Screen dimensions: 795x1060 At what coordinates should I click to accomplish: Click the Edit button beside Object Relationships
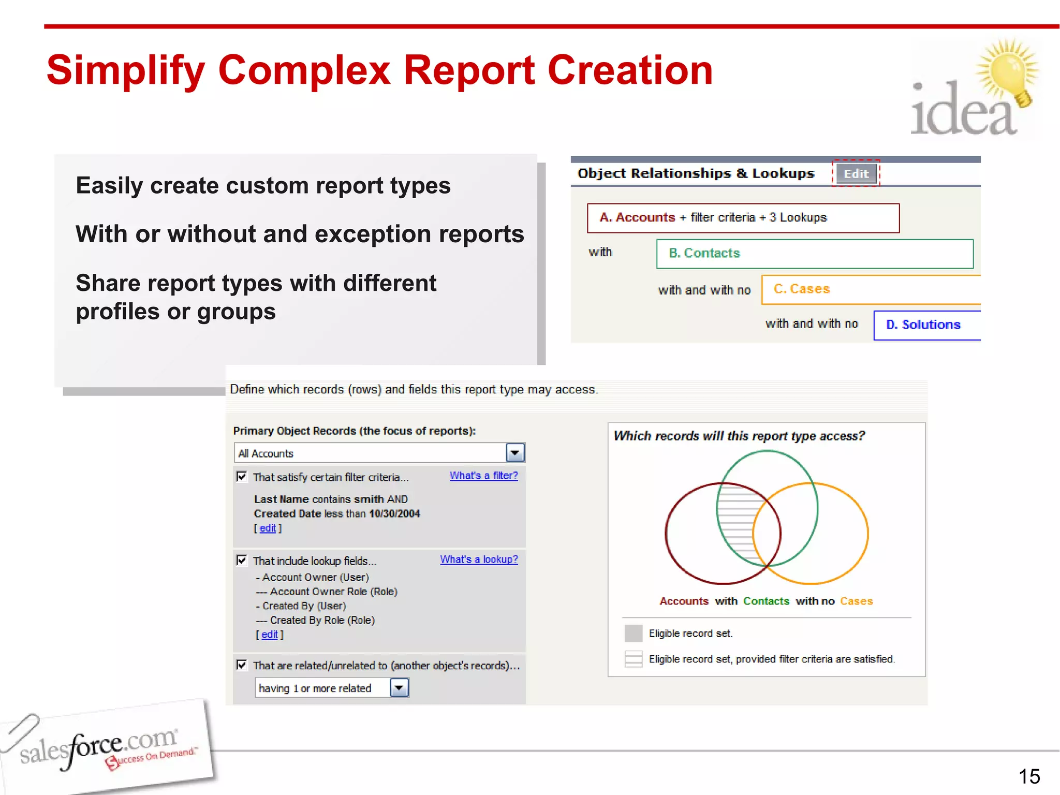pyautogui.click(x=856, y=174)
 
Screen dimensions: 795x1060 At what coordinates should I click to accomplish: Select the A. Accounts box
pyautogui.click(x=743, y=218)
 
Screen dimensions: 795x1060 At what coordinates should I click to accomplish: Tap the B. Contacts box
pyautogui.click(x=814, y=254)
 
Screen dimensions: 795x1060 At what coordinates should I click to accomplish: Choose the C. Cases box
pyautogui.click(x=871, y=289)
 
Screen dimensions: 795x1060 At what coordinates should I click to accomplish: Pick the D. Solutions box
pyautogui.click(x=926, y=325)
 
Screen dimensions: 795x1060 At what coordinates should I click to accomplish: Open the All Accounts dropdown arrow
pyautogui.click(x=515, y=453)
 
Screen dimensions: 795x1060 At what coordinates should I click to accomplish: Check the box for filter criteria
pyautogui.click(x=242, y=476)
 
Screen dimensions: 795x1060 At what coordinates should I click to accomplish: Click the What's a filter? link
pyautogui.click(x=483, y=476)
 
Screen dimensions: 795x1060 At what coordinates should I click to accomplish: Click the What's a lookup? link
pyautogui.click(x=479, y=560)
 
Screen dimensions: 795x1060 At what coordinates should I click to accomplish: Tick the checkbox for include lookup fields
pyautogui.click(x=242, y=560)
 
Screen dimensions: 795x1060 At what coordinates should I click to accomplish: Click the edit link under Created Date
pyautogui.click(x=268, y=528)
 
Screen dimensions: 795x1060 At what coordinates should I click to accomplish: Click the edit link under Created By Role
pyautogui.click(x=270, y=635)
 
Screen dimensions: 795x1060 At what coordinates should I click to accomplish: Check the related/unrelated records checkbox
pyautogui.click(x=242, y=665)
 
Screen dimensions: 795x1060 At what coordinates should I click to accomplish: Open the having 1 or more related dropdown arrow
pyautogui.click(x=399, y=688)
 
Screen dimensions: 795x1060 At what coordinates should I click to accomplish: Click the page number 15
pyautogui.click(x=1029, y=776)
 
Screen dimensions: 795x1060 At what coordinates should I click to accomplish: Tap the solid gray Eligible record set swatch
pyautogui.click(x=633, y=633)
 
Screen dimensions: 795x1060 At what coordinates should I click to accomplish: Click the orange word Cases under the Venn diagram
pyautogui.click(x=856, y=601)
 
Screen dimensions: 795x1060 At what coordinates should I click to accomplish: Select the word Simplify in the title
pyautogui.click(x=126, y=71)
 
